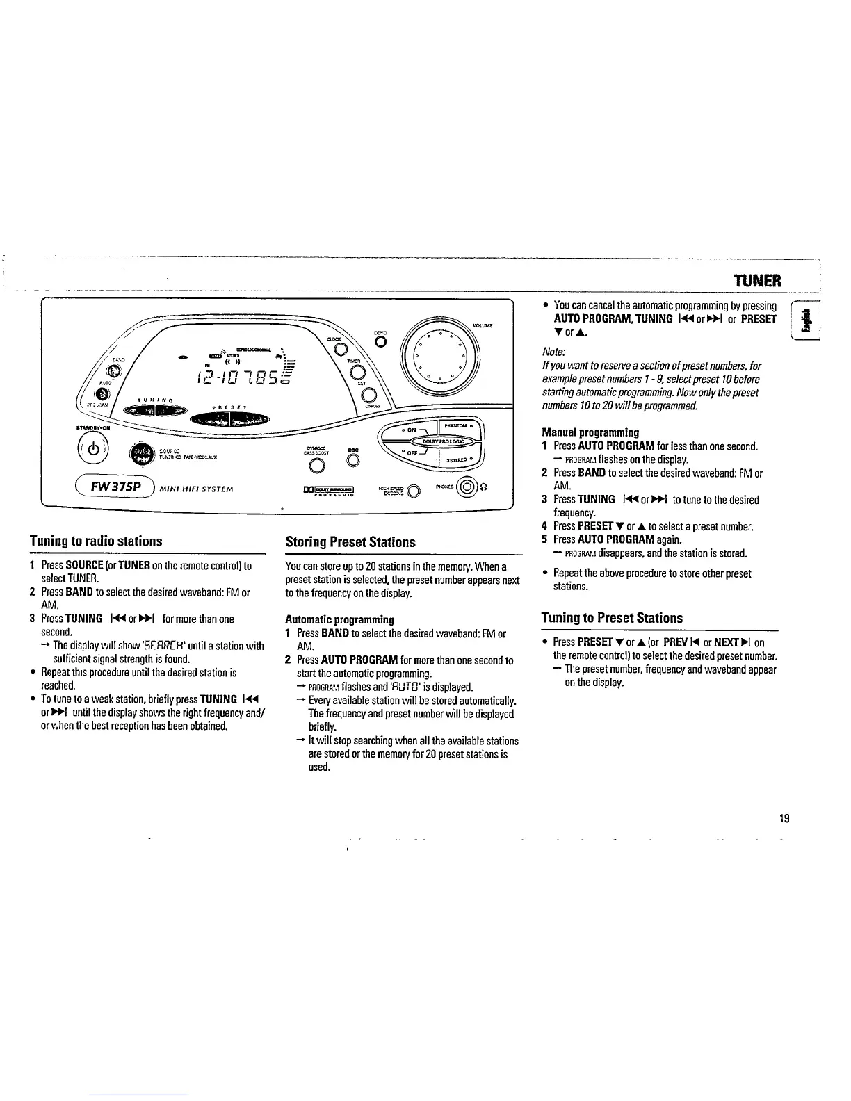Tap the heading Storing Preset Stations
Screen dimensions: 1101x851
[x=350, y=542]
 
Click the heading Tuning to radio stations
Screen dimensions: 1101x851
[x=95, y=541]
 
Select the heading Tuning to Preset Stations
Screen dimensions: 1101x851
[x=612, y=618]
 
